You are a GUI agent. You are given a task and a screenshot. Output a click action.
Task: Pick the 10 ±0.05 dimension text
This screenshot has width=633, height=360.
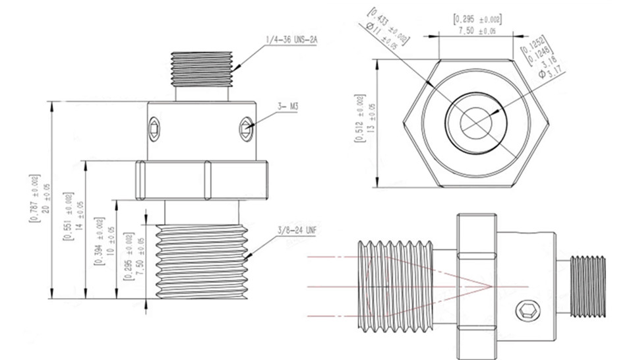pos(110,241)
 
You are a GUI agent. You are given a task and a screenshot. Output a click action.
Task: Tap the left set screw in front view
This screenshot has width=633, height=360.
pos(154,128)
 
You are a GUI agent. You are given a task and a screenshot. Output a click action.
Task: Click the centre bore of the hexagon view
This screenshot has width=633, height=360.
pos(476,123)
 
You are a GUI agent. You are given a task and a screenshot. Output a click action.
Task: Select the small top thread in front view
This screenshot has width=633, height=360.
pos(202,69)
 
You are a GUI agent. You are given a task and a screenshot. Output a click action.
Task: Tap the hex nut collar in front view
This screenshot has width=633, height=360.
pos(202,179)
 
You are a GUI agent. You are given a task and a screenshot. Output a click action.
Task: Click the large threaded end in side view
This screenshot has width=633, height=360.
pos(396,285)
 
